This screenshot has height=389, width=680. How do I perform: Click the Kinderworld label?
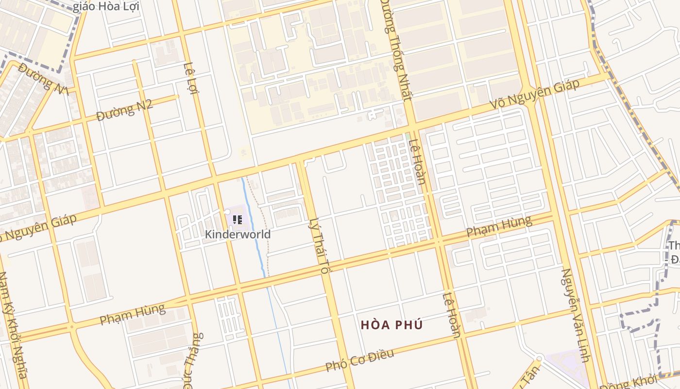click(x=238, y=234)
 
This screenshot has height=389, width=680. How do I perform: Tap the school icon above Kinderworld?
click(x=238, y=220)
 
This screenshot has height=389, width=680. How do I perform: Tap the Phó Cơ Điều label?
click(x=359, y=360)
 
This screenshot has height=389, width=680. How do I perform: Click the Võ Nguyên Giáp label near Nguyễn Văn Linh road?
click(x=534, y=95)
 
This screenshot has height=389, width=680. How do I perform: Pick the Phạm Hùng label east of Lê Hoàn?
click(x=499, y=227)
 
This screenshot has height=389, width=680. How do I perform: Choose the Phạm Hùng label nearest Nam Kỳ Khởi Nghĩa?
click(x=132, y=314)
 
